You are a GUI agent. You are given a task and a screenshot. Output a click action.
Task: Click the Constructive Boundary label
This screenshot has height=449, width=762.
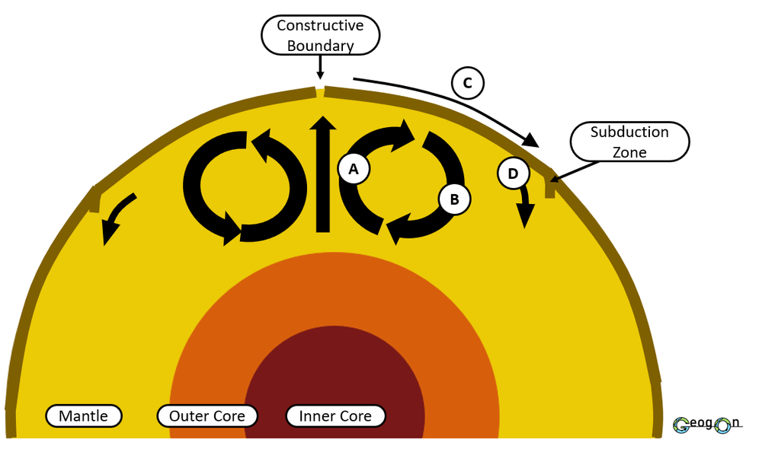coord(320,35)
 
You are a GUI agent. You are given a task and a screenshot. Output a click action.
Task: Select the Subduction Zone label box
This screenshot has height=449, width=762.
coord(629,142)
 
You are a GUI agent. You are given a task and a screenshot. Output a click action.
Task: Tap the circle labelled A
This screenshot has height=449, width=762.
coord(354,169)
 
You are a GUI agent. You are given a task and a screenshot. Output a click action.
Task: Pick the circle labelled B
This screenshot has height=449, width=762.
coord(454,199)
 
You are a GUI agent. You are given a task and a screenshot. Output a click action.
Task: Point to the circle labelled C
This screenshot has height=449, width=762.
coord(468,83)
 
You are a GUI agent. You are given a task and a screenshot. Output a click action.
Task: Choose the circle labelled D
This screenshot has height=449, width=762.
coord(513,174)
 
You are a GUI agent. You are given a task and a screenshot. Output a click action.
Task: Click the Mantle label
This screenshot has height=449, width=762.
coord(84,416)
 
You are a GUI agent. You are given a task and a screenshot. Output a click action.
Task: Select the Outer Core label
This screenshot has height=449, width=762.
coord(207,416)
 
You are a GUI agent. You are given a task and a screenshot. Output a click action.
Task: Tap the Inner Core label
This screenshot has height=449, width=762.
coord(335,416)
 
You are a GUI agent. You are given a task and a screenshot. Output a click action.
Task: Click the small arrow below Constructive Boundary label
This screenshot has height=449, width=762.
coord(320,68)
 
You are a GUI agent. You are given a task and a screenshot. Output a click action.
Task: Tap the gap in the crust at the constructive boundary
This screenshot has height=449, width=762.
coord(320,93)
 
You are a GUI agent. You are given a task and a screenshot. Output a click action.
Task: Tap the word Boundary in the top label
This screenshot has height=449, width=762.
coord(320,46)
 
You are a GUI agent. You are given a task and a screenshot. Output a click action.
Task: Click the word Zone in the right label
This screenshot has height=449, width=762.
coord(629,152)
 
